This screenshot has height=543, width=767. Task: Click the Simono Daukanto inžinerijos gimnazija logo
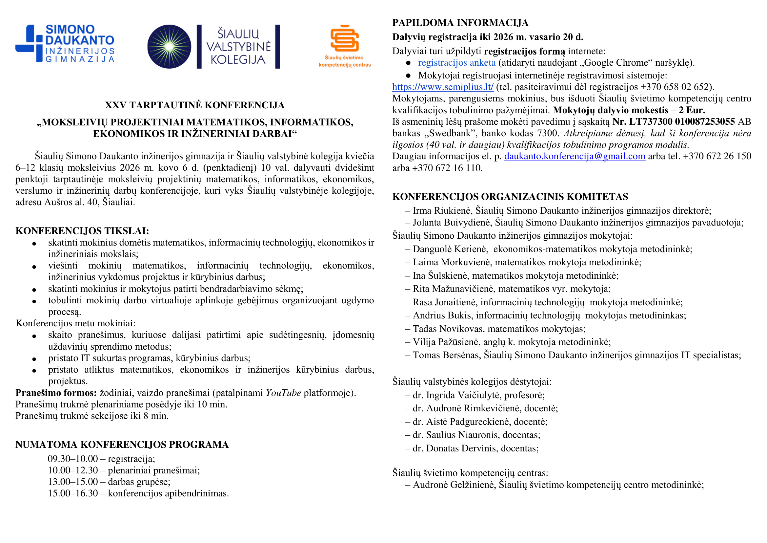(65, 43)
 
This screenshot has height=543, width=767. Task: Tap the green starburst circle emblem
(169, 47)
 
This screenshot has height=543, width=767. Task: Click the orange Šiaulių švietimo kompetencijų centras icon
(344, 39)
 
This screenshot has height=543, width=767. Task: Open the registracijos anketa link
(457, 63)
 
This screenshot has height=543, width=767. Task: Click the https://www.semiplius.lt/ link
(443, 87)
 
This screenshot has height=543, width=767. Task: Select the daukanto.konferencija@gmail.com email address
(575, 156)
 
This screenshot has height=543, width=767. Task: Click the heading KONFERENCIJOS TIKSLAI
(82, 231)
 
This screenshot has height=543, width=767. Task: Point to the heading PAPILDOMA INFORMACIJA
(460, 23)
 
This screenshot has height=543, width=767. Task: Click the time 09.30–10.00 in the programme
(73, 459)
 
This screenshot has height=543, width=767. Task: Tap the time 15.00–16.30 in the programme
(73, 493)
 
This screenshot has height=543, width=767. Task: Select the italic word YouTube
(283, 393)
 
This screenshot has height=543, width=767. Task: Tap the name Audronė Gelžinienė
(454, 485)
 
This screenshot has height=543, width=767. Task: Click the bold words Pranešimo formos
(56, 393)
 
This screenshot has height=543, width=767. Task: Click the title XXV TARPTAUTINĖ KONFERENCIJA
(195, 105)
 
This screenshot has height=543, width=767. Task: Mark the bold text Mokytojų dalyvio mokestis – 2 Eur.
(629, 110)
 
